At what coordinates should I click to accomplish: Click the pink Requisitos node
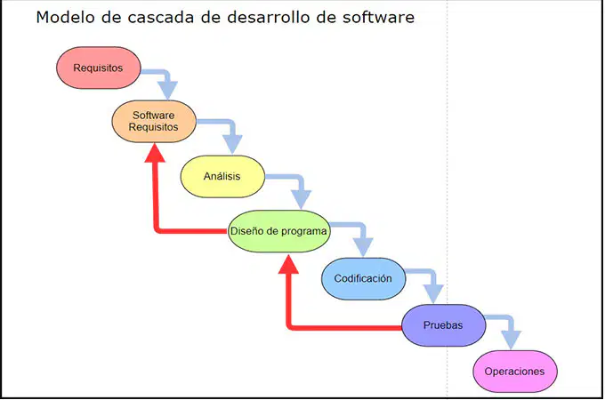click(x=99, y=68)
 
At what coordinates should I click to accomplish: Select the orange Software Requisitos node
click(x=154, y=121)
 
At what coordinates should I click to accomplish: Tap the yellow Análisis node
click(x=222, y=177)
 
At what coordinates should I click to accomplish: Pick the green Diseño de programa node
click(x=278, y=231)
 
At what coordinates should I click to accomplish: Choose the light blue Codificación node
click(x=364, y=278)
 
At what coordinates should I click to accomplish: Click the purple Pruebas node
click(x=443, y=325)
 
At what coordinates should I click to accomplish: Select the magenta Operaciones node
click(x=515, y=372)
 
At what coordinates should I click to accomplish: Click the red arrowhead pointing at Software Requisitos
click(x=155, y=153)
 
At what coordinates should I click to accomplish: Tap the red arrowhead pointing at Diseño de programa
click(x=288, y=264)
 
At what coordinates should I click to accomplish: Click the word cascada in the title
click(x=160, y=18)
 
